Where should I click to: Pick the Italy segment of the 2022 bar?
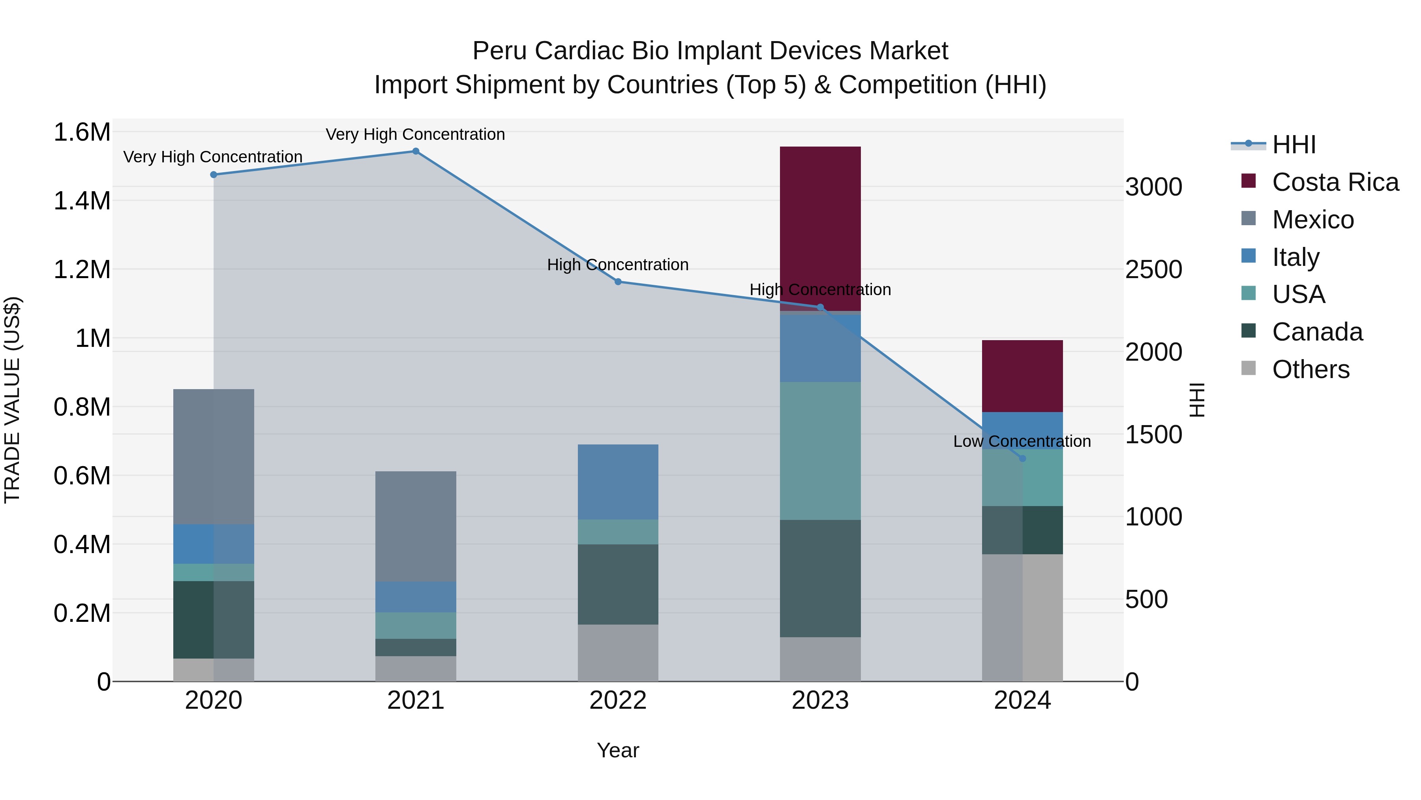[618, 482]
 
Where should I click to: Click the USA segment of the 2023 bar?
[820, 450]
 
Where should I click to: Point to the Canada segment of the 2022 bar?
[618, 584]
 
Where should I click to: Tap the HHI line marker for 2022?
[618, 282]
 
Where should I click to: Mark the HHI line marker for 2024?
[1022, 458]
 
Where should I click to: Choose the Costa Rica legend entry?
[1335, 182]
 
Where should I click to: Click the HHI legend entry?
[1294, 145]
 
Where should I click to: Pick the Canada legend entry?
[1317, 332]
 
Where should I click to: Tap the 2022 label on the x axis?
[618, 700]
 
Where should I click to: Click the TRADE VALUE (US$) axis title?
[12, 400]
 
